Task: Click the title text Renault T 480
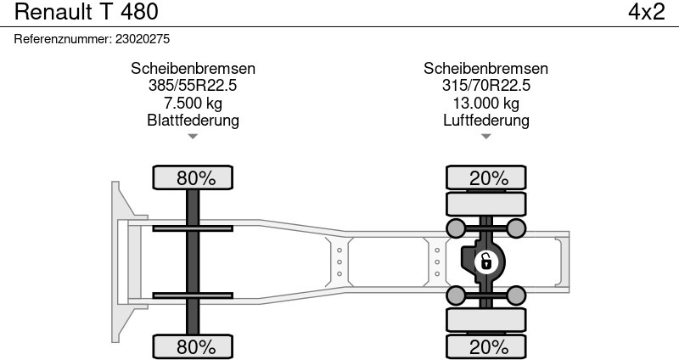pyautogui.click(x=87, y=12)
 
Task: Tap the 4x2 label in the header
pyautogui.click(x=647, y=12)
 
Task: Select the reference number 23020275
pyautogui.click(x=143, y=39)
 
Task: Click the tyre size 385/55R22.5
pyautogui.click(x=193, y=86)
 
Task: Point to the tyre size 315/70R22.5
pyautogui.click(x=485, y=86)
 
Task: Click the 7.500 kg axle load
pyautogui.click(x=193, y=103)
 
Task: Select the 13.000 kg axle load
pyautogui.click(x=485, y=103)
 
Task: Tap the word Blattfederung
pyautogui.click(x=193, y=120)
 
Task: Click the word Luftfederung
pyautogui.click(x=485, y=120)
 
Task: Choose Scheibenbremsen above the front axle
pyautogui.click(x=193, y=69)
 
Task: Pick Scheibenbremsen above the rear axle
pyautogui.click(x=485, y=69)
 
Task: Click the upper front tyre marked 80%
pyautogui.click(x=193, y=177)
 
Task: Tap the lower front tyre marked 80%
pyautogui.click(x=193, y=346)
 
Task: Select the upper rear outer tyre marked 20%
pyautogui.click(x=485, y=177)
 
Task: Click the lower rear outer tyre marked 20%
pyautogui.click(x=485, y=346)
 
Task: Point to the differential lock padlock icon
pyautogui.click(x=485, y=262)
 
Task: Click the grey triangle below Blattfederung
pyautogui.click(x=193, y=137)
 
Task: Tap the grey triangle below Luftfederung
pyautogui.click(x=485, y=137)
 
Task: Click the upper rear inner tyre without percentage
pyautogui.click(x=485, y=204)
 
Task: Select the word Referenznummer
pyautogui.click(x=63, y=39)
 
